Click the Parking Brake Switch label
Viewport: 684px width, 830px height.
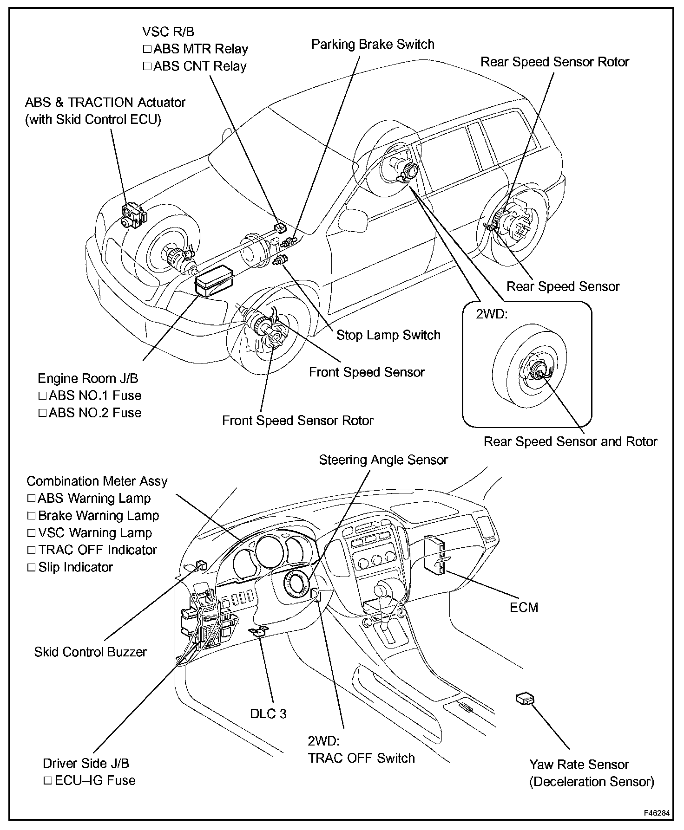[373, 45]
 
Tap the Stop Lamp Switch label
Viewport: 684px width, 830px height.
[388, 335]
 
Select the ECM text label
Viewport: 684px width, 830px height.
[524, 607]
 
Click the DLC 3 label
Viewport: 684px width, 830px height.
[268, 713]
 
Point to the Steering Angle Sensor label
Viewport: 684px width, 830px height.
[383, 460]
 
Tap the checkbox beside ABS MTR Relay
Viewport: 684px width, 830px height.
[147, 49]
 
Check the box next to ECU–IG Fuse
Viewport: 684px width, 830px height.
[48, 781]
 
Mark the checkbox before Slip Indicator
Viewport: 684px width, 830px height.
[32, 567]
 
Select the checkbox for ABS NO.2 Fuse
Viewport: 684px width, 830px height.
[42, 413]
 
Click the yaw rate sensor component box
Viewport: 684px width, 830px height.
[525, 699]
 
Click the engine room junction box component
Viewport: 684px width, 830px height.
[215, 280]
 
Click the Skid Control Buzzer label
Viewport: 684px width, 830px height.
[90, 652]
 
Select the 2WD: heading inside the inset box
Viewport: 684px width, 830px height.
[492, 314]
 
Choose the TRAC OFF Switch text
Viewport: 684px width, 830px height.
[362, 758]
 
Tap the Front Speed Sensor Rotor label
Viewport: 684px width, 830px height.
[297, 421]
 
